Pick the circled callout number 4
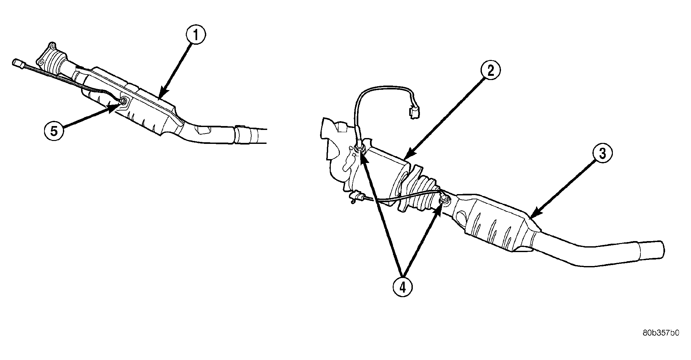[x=402, y=286]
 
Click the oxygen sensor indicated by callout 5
[x=124, y=102]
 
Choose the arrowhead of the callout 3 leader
[x=531, y=217]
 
